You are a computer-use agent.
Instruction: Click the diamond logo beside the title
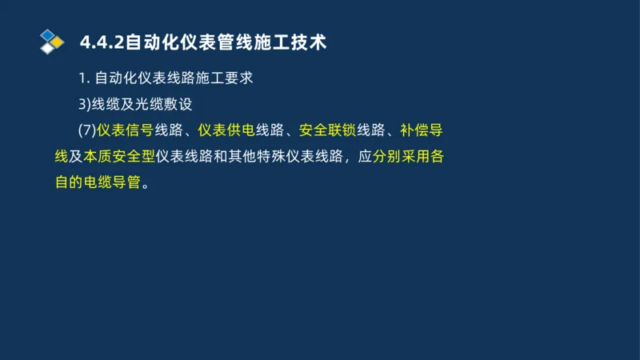(x=52, y=41)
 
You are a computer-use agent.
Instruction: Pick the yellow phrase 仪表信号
(x=126, y=130)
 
